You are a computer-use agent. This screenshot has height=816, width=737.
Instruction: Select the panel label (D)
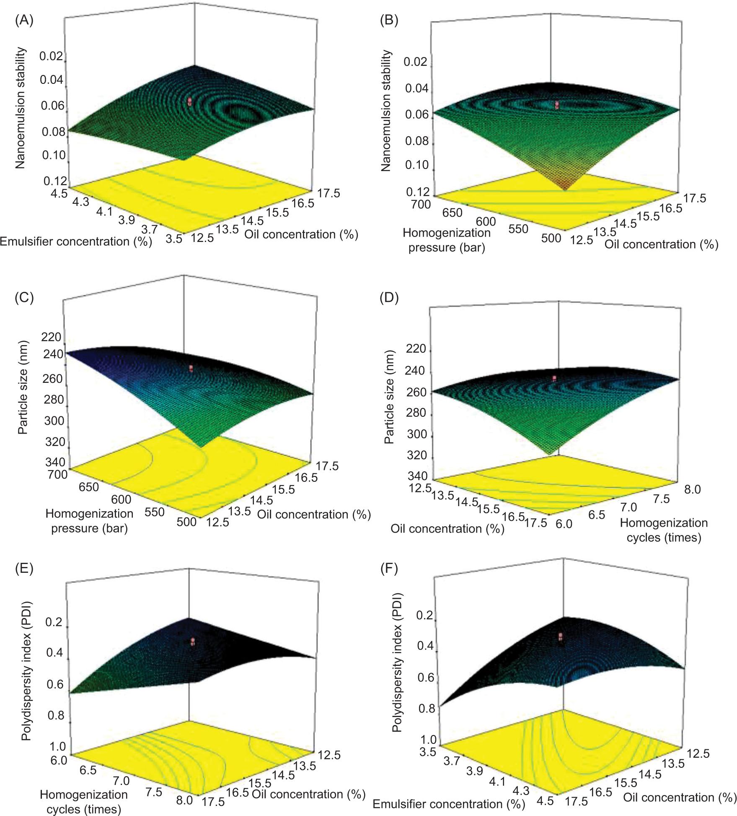pyautogui.click(x=388, y=298)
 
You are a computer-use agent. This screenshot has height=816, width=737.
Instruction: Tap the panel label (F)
pyautogui.click(x=388, y=569)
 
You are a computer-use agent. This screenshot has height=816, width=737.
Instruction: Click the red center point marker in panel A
pyautogui.click(x=190, y=101)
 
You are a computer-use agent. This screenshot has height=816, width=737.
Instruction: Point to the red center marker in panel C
pyautogui.click(x=191, y=368)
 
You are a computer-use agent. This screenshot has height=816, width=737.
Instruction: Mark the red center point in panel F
pyautogui.click(x=560, y=637)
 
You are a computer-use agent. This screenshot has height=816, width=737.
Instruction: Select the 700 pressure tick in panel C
pyautogui.click(x=57, y=475)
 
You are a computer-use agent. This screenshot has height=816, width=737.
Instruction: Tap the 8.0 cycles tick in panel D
pyautogui.click(x=692, y=489)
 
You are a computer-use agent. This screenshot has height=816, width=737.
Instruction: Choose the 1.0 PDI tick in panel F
pyautogui.click(x=427, y=739)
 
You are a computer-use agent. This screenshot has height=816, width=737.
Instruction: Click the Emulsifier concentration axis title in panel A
pyautogui.click(x=76, y=242)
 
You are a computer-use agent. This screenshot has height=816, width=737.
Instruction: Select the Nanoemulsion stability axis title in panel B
pyautogui.click(x=386, y=111)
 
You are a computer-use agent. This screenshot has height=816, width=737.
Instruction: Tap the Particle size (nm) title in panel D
pyautogui.click(x=389, y=397)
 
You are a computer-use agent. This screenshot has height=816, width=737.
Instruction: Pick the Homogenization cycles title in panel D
pyautogui.click(x=664, y=530)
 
